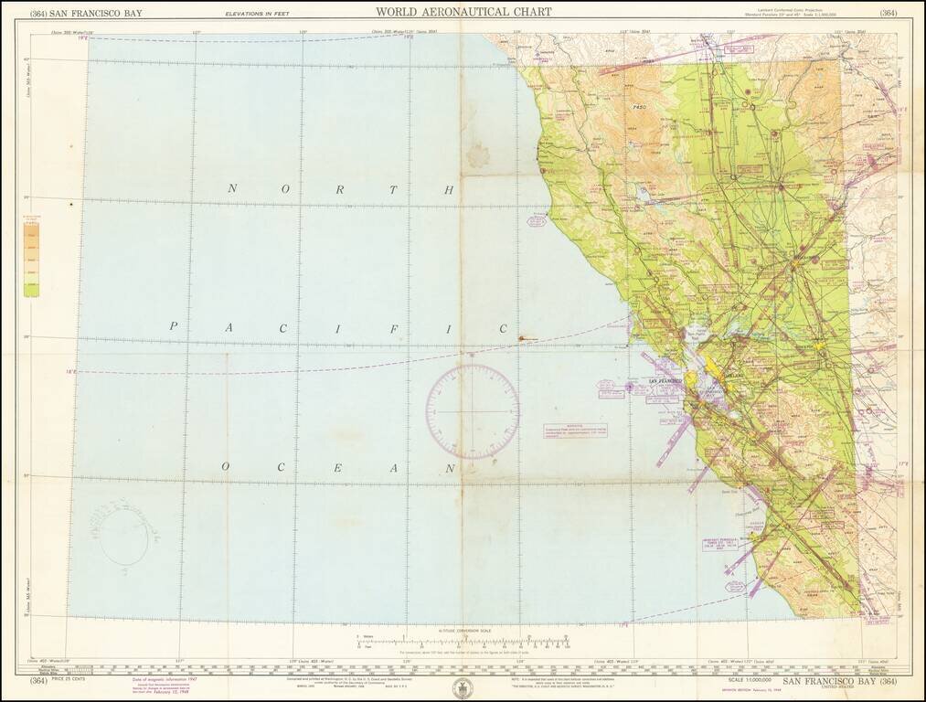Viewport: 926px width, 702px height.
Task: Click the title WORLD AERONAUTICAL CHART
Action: (463, 12)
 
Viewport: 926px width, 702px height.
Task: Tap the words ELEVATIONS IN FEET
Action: (257, 14)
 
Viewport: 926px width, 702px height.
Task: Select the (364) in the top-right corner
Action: (889, 13)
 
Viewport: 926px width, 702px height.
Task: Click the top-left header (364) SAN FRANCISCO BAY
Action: (80, 13)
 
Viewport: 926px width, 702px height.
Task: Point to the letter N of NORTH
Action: (232, 188)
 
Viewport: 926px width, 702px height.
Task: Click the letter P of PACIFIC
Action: (173, 325)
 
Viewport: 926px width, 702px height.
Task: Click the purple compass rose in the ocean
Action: (472, 411)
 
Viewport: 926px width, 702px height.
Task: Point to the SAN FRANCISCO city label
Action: (665, 380)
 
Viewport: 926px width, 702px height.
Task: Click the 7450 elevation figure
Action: (639, 108)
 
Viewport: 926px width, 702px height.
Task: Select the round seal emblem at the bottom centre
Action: (463, 688)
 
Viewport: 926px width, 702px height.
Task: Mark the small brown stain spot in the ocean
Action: (521, 339)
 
